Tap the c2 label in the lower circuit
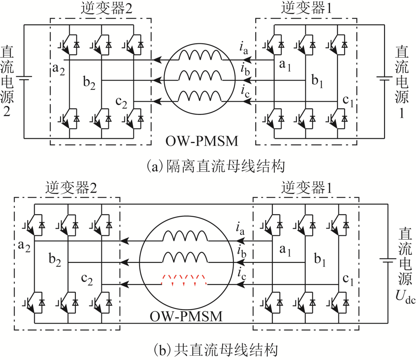(87, 280)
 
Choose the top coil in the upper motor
(200, 56)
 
